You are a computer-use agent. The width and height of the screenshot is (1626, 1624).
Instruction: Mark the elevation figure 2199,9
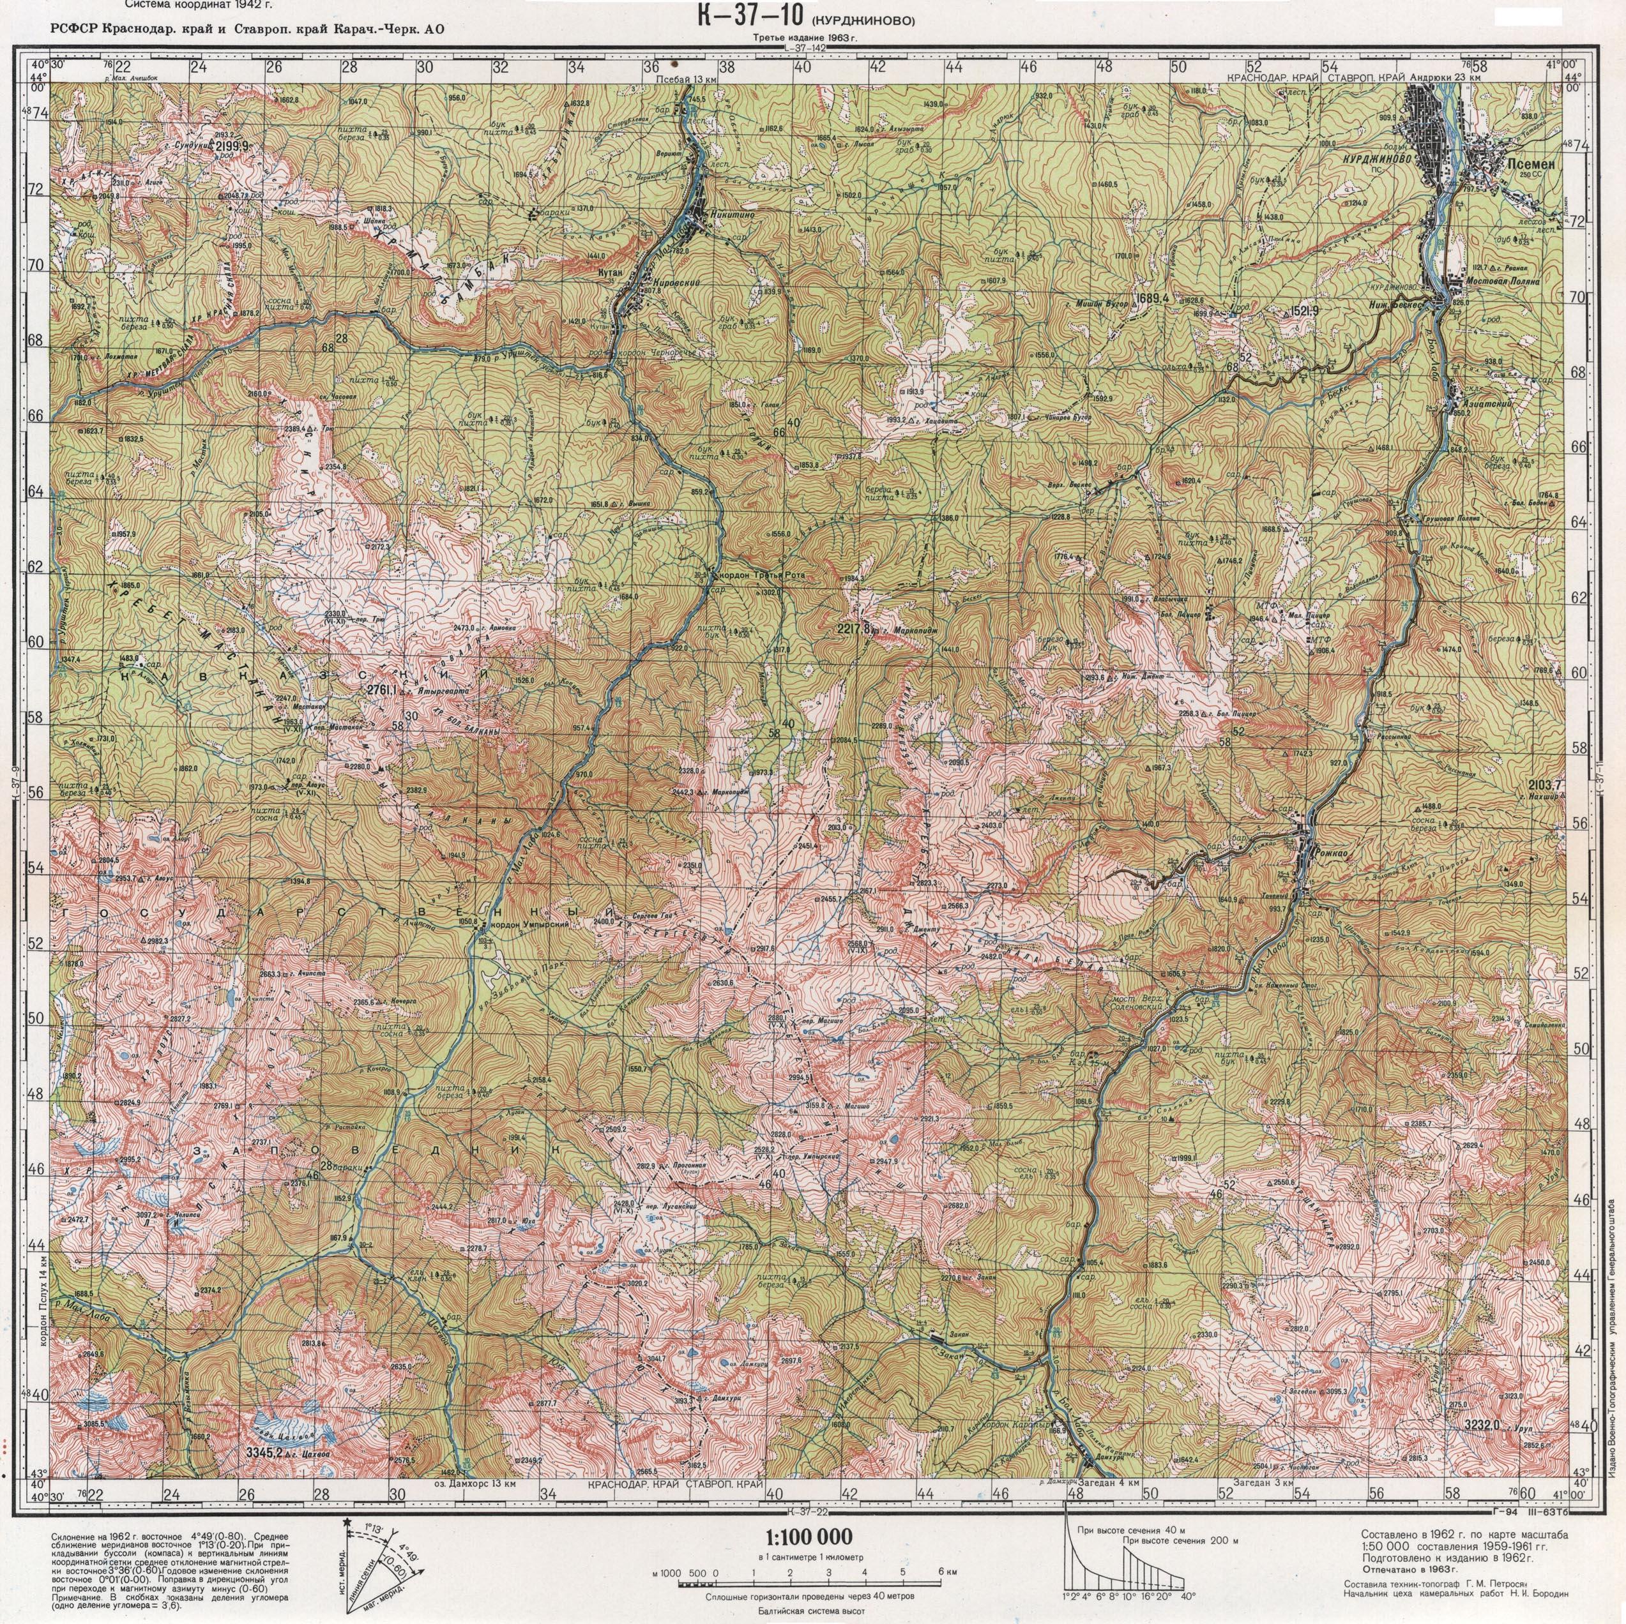click(x=232, y=146)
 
